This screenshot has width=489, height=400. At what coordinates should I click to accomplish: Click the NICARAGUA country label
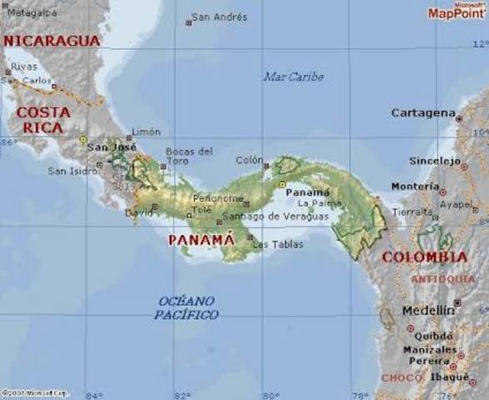52,40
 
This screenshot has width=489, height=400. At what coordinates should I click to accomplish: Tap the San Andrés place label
219,17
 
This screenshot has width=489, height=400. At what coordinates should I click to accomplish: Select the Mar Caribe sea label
293,77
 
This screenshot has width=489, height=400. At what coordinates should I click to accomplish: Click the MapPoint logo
457,12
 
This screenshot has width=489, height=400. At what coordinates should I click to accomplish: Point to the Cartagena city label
423,112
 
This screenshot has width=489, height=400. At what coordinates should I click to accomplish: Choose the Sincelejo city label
434,160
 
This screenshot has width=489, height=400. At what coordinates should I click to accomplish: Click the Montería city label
415,187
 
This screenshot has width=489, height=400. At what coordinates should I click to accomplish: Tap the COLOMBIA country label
424,257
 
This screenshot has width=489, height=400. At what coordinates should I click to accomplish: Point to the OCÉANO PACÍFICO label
187,307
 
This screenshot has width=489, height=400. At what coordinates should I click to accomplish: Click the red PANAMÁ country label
202,240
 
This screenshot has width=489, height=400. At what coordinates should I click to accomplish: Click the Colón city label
249,160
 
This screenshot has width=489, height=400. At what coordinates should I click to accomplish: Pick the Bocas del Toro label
189,156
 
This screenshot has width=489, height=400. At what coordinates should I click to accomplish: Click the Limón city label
146,132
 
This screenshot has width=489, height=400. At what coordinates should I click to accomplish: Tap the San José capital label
112,147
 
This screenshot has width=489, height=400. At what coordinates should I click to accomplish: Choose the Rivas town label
24,66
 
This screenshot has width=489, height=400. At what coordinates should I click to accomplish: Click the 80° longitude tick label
269,395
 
